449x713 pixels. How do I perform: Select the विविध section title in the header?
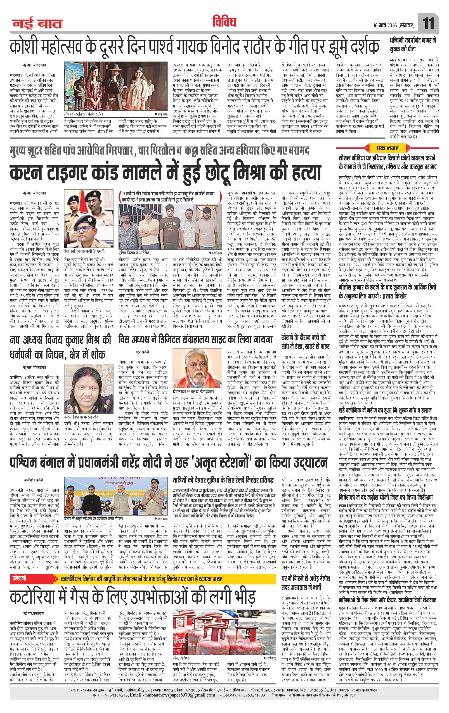click(224, 23)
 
